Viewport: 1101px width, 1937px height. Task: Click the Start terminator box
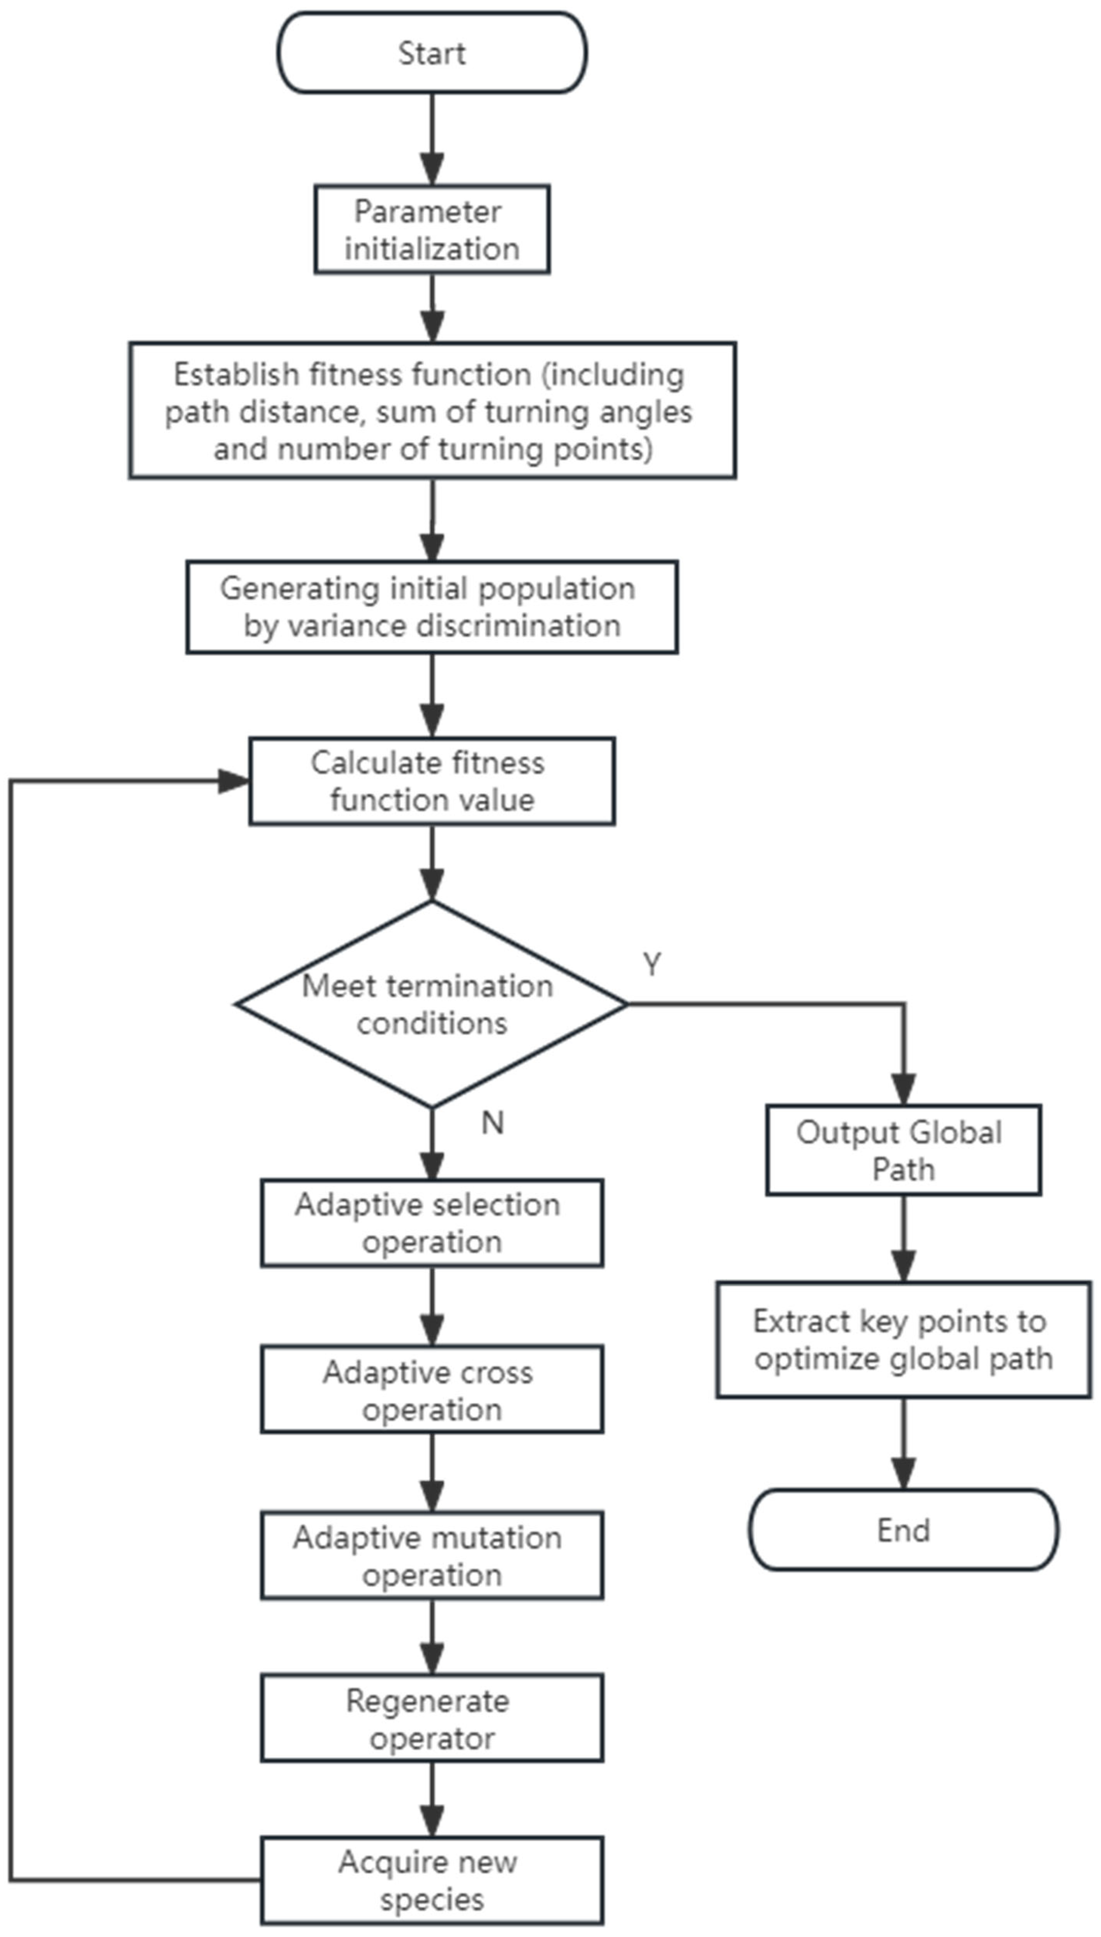tap(432, 53)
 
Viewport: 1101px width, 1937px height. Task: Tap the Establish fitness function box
tap(432, 411)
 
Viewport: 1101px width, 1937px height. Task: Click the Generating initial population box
tap(432, 607)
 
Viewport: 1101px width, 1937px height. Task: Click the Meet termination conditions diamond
tap(432, 1004)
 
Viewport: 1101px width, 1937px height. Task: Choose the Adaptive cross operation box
tap(432, 1390)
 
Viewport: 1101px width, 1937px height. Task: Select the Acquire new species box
tap(432, 1880)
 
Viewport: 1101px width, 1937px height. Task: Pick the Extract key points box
tap(903, 1340)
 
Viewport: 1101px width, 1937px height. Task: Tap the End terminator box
tap(903, 1530)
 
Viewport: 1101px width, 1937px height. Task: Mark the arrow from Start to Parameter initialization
tap(432, 140)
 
